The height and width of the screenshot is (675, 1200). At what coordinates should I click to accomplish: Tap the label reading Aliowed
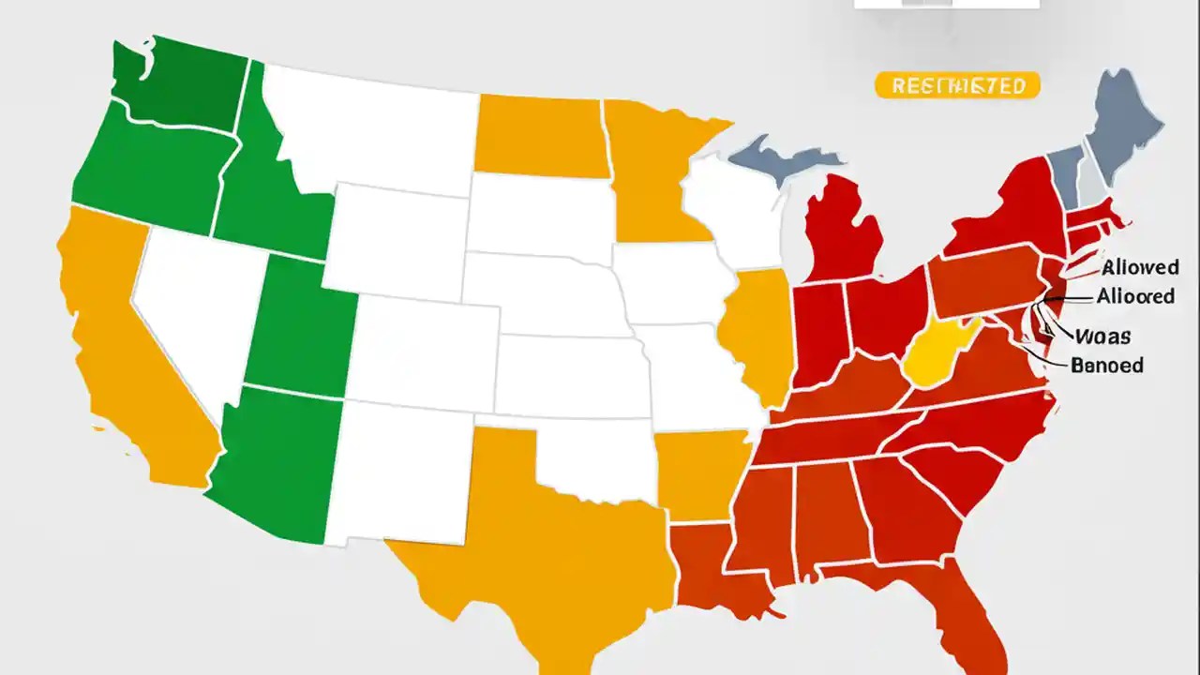[1141, 267]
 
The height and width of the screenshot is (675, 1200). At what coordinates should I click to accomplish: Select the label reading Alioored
[1135, 296]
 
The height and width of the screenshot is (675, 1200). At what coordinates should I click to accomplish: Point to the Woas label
[1102, 336]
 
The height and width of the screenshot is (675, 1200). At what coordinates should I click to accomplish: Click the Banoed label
[1106, 365]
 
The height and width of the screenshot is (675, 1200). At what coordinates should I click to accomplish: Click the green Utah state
[300, 328]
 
